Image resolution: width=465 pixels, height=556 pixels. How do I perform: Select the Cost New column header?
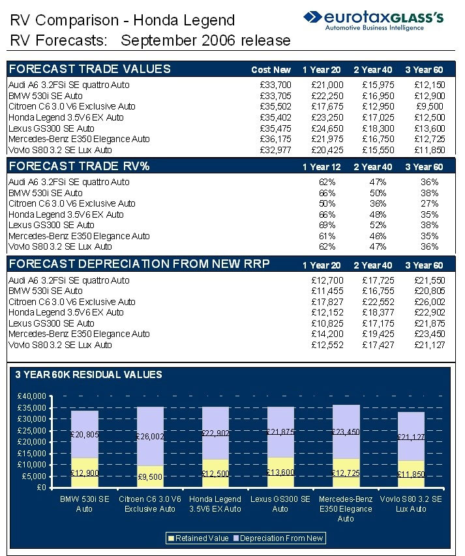[x=271, y=70]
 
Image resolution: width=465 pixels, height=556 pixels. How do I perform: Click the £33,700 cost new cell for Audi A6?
[x=275, y=85]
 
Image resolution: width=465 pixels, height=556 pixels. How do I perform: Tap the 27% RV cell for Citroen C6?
[x=429, y=203]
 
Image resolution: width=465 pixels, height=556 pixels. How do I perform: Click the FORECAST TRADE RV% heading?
[x=80, y=166]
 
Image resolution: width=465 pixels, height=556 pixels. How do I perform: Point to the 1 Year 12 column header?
[x=322, y=168]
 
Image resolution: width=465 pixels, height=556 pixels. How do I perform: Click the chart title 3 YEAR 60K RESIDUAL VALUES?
[x=89, y=375]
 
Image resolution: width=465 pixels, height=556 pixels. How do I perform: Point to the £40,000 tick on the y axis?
[x=31, y=396]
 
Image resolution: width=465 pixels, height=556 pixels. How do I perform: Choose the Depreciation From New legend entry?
[x=282, y=538]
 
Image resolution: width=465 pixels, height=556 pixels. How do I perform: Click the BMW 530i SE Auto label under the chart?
[x=85, y=504]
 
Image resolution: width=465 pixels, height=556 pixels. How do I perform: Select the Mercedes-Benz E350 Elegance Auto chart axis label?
[x=346, y=508]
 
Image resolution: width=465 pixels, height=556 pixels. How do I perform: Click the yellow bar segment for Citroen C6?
[x=150, y=476]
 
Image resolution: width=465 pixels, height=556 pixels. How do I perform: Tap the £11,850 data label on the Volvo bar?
[x=411, y=474]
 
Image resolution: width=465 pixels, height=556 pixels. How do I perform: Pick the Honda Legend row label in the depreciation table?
[x=66, y=313]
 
